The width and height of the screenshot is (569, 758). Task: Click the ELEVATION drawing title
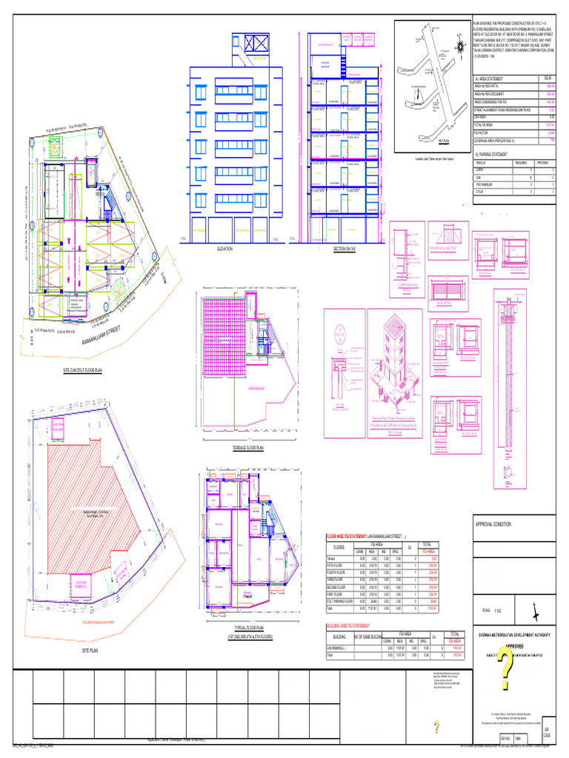pos(224,249)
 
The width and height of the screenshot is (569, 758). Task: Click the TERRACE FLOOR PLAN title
pos(248,448)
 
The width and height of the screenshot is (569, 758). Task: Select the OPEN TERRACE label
pos(257,388)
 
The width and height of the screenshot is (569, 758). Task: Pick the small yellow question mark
pos(437,726)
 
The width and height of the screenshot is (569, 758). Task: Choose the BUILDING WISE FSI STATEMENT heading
pos(353,625)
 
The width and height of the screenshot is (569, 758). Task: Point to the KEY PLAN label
pos(445,140)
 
